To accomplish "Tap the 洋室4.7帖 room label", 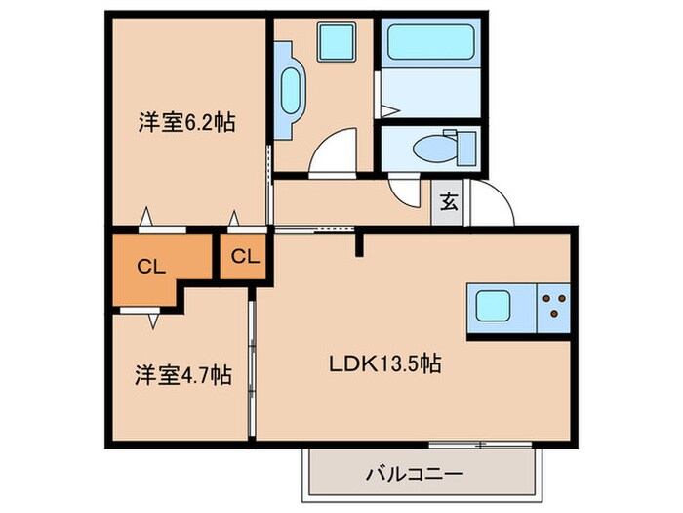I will (183, 373).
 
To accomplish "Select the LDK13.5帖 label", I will (385, 364).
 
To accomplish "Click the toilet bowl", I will (429, 149).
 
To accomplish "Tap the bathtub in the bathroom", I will (429, 44).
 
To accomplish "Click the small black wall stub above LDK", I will (360, 242).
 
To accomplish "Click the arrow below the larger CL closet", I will (153, 317).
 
